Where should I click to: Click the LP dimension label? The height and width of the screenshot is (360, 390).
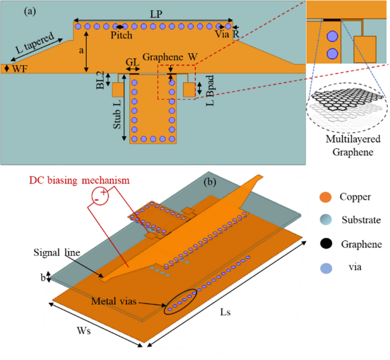[154, 13]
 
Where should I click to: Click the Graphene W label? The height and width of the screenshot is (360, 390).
[169, 58]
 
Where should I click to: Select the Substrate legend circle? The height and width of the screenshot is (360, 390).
[325, 219]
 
